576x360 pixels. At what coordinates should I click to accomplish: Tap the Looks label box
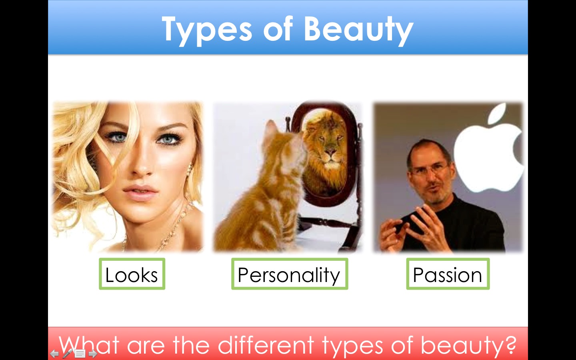[x=132, y=274]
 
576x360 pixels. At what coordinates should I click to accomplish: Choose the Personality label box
[x=290, y=274]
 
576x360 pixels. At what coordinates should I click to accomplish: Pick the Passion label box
[x=448, y=274]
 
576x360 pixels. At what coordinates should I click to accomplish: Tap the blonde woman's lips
[x=140, y=192]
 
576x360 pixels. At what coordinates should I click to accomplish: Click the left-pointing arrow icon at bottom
[x=54, y=354]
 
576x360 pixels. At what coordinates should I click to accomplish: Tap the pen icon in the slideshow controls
[x=67, y=354]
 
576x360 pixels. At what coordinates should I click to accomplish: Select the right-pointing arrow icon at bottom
[x=93, y=354]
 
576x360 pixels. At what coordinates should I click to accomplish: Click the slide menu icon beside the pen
[x=80, y=354]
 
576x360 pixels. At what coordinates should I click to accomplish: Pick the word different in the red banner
[x=266, y=344]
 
